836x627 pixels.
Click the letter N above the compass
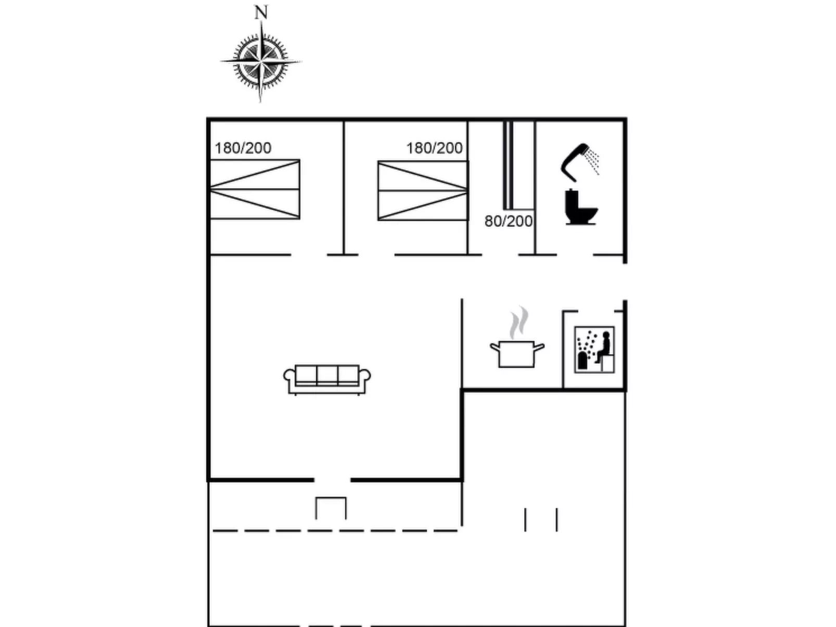[x=261, y=12]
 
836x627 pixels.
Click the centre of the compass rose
[x=260, y=61]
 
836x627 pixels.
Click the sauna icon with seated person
[x=594, y=349]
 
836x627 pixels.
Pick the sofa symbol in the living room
[x=327, y=379]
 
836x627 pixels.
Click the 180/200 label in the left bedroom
[x=243, y=148]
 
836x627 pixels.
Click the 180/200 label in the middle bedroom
[x=434, y=148]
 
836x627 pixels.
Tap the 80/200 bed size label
[x=508, y=222]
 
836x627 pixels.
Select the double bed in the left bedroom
[x=255, y=189]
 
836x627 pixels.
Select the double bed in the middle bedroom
[x=423, y=191]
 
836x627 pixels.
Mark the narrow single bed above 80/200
[x=509, y=165]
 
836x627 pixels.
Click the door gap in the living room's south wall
[x=333, y=480]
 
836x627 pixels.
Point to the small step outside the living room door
[x=331, y=508]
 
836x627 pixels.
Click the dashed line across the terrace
[x=335, y=531]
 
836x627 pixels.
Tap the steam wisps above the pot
[x=518, y=323]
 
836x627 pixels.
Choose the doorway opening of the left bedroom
[x=309, y=255]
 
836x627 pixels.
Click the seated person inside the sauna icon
[x=605, y=346]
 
